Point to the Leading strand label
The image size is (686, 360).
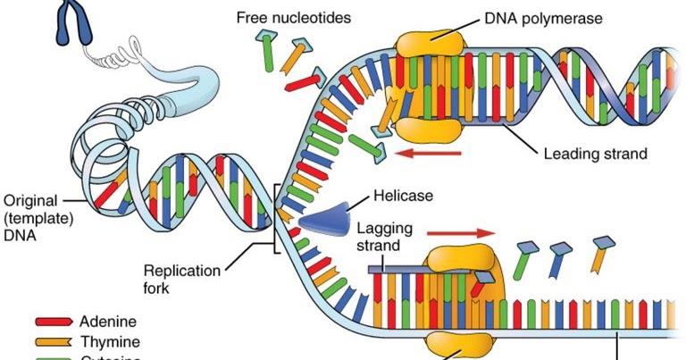[x=594, y=154]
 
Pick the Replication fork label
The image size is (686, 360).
[x=176, y=278]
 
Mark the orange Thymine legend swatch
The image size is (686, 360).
[x=54, y=341]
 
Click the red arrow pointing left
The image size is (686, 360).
[x=429, y=154]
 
